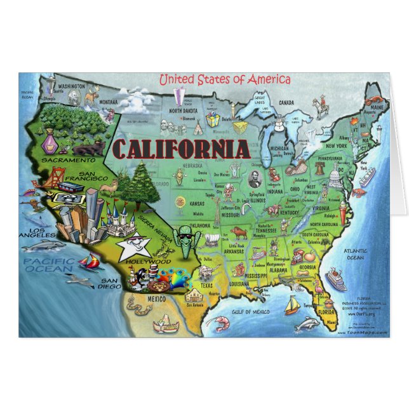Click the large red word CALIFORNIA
[180, 149]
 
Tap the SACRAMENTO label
[64, 161]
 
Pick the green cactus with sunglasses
[185, 239]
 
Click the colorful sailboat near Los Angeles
[91, 261]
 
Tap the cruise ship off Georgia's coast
[335, 279]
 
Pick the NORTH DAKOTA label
[183, 110]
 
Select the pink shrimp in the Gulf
[220, 324]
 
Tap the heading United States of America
[225, 80]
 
